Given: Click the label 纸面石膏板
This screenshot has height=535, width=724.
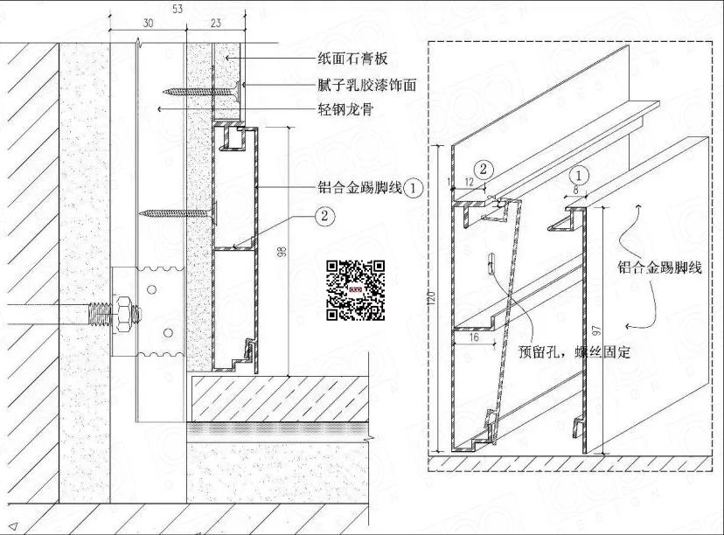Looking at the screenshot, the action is tap(352, 59).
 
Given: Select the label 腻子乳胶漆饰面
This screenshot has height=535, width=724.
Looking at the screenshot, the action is tap(367, 85).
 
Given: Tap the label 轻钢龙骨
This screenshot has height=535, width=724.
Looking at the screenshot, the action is tap(345, 109).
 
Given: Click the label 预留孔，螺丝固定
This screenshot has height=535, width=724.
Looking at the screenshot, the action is tap(574, 352).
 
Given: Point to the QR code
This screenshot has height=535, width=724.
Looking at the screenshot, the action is tap(356, 290).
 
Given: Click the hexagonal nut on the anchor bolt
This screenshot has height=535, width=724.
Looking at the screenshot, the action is tap(124, 314).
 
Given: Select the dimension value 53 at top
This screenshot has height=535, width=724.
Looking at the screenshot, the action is tap(178, 9).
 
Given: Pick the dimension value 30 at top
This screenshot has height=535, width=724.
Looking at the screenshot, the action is tap(148, 23).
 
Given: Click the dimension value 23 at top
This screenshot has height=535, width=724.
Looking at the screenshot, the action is tap(216, 23).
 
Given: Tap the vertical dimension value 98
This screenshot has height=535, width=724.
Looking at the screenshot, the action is tap(282, 252).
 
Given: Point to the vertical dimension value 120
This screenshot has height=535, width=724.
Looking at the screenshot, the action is tap(432, 298).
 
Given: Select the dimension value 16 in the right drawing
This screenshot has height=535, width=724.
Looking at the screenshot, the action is tap(474, 337).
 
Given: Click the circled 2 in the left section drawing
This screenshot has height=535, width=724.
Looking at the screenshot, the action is tap(324, 216).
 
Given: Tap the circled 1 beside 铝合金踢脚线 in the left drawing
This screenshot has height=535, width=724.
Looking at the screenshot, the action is tap(414, 188).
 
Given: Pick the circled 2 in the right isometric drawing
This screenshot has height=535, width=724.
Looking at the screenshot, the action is tap(484, 169).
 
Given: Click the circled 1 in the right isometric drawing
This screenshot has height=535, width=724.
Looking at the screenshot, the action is tap(579, 176).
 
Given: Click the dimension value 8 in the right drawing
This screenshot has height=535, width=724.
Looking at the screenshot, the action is tap(575, 189).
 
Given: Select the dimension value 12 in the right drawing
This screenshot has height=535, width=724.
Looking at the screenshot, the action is tap(470, 182).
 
